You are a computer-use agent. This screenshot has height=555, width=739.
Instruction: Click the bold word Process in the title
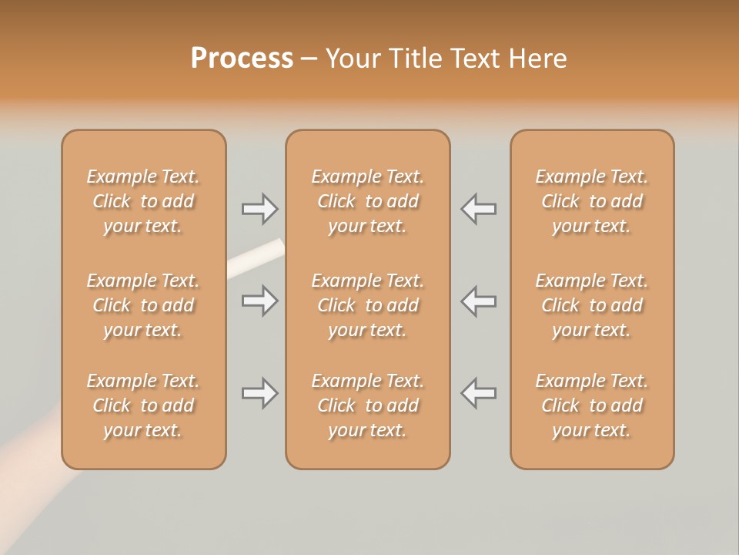[x=242, y=59]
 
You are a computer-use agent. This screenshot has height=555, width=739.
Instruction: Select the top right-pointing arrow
[x=260, y=209]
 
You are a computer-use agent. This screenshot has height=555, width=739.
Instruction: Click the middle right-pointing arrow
[x=260, y=301]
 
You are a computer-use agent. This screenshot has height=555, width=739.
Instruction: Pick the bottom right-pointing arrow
[x=260, y=393]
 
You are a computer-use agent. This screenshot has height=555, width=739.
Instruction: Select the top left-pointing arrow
[x=478, y=209]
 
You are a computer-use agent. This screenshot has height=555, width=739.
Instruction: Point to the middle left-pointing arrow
[x=478, y=301]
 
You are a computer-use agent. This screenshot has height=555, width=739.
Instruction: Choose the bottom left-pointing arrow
[x=478, y=393]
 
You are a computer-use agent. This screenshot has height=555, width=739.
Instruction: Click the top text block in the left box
[x=143, y=201]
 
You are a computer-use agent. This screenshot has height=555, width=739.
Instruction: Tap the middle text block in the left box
[x=143, y=305]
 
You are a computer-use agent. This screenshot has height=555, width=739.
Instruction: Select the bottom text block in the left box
[x=143, y=405]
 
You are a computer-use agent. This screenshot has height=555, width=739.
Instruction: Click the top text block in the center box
[x=367, y=201]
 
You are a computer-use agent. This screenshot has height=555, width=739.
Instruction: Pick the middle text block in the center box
[x=367, y=305]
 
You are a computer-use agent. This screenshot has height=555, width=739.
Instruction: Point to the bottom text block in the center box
[x=367, y=405]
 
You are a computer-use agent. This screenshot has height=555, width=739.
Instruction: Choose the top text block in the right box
[x=592, y=201]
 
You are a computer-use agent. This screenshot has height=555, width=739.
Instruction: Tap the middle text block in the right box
[x=592, y=305]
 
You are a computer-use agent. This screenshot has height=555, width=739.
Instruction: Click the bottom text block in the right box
[x=592, y=405]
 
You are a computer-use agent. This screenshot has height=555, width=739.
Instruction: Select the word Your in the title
[x=353, y=59]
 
